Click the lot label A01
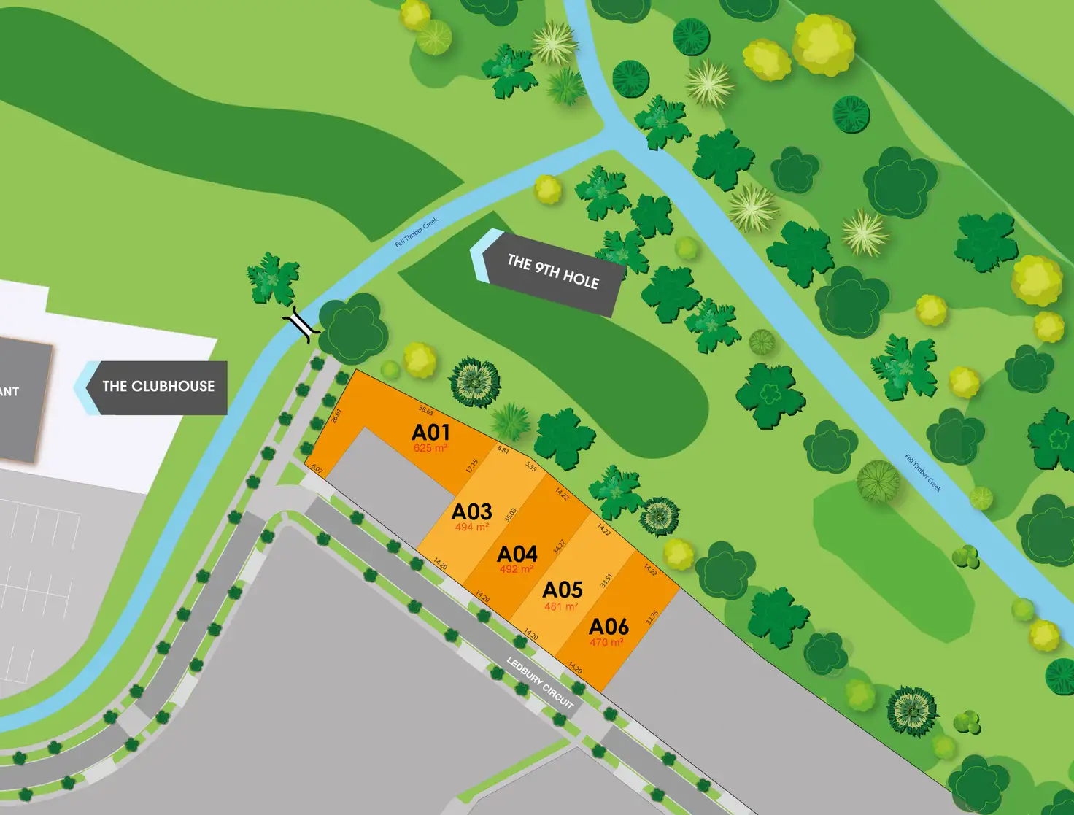[x=430, y=432]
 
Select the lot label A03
[x=471, y=511]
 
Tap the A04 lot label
[x=517, y=554]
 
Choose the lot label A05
[x=563, y=590]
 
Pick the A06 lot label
[x=609, y=627]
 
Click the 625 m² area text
[x=430, y=449]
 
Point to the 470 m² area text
[x=606, y=643]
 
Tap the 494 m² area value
[x=471, y=527]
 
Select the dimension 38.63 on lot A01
[x=426, y=412]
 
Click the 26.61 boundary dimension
[x=336, y=416]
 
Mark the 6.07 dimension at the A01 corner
[x=317, y=468]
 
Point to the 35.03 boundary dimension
[x=510, y=515]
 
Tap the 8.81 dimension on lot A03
[x=503, y=450]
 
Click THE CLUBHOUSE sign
[x=158, y=387]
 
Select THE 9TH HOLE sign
[x=552, y=272]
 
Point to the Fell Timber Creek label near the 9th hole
[x=417, y=232]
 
